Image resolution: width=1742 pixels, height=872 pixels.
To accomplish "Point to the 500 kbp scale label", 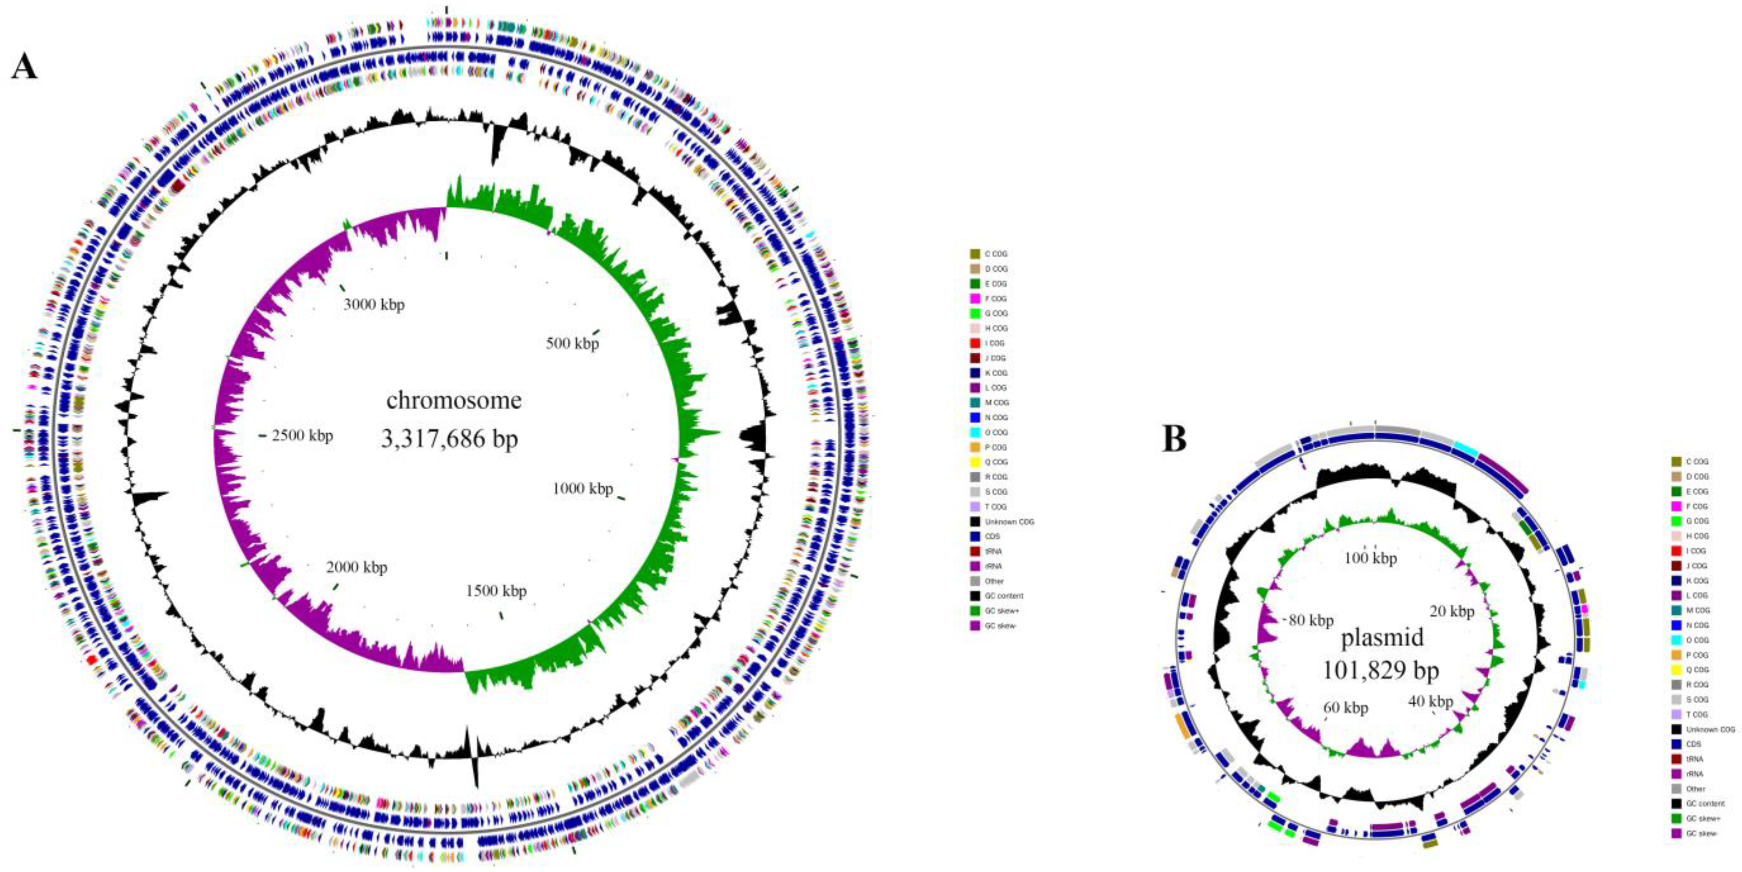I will (x=572, y=343).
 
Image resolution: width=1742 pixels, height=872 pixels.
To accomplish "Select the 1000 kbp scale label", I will (x=582, y=488).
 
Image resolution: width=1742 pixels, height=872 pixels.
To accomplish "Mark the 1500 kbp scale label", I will (x=496, y=591).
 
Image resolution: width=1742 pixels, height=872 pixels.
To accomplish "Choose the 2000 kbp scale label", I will (x=357, y=567).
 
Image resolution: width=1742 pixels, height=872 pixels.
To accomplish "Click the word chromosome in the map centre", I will (x=454, y=400).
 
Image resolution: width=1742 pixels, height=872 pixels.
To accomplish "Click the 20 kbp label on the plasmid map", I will (x=1452, y=611).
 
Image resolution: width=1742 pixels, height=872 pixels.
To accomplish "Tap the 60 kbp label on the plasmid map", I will (x=1346, y=708).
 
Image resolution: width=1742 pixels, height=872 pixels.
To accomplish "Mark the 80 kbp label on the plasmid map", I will (x=1311, y=620).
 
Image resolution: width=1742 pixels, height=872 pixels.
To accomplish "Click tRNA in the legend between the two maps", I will (x=993, y=551).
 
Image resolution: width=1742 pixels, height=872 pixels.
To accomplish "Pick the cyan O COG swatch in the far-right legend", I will (x=1677, y=640).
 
